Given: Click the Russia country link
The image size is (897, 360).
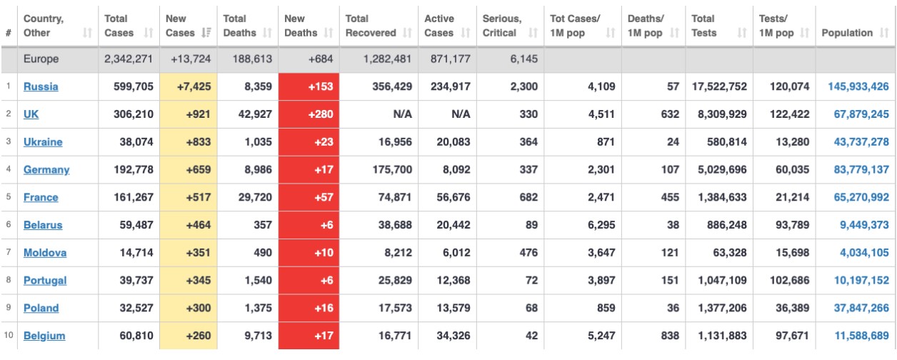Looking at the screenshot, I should click(x=41, y=86).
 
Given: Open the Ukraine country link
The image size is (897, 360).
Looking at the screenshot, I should click(x=43, y=142).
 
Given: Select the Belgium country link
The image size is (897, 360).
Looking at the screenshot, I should click(x=44, y=336).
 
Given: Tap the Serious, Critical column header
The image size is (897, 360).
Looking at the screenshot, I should click(x=502, y=26).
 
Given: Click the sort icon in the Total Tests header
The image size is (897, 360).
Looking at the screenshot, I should click(x=743, y=33).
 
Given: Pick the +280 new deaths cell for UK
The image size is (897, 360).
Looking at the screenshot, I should click(x=309, y=114).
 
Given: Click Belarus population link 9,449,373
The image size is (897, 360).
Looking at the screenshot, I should click(x=861, y=225).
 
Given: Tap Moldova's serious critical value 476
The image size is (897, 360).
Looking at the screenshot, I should click(x=528, y=253).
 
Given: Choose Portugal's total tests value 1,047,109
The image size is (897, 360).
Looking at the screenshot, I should click(x=719, y=281).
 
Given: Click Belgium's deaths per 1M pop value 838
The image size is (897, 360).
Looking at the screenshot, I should click(x=668, y=336).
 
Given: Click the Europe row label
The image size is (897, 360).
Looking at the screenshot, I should click(x=41, y=59).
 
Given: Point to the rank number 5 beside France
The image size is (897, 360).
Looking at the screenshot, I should click(x=8, y=197).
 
